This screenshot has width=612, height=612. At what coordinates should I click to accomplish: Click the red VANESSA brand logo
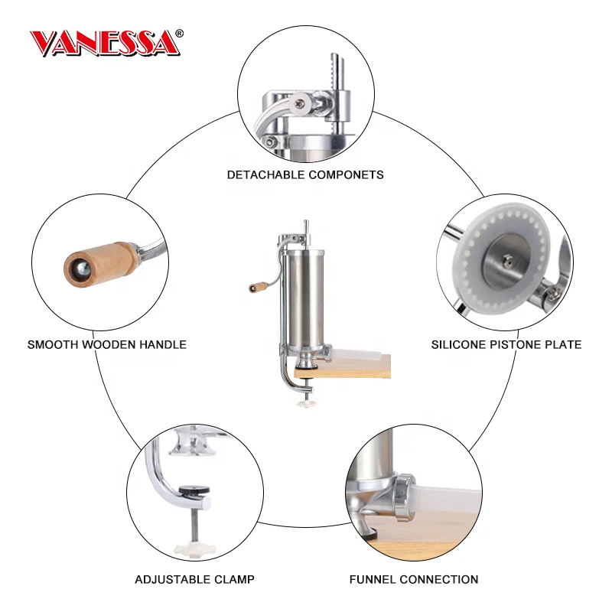tap(103, 44)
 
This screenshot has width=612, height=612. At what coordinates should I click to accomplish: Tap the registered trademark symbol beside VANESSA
tap(180, 34)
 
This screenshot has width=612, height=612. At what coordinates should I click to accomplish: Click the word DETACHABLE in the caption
tap(266, 174)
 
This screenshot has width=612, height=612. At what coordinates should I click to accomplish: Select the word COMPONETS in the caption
tap(346, 174)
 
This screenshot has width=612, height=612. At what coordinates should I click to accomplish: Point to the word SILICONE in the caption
tap(457, 344)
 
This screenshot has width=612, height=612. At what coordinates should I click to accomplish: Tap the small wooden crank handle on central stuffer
tap(256, 289)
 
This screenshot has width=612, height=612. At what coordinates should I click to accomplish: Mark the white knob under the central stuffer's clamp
tap(308, 403)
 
